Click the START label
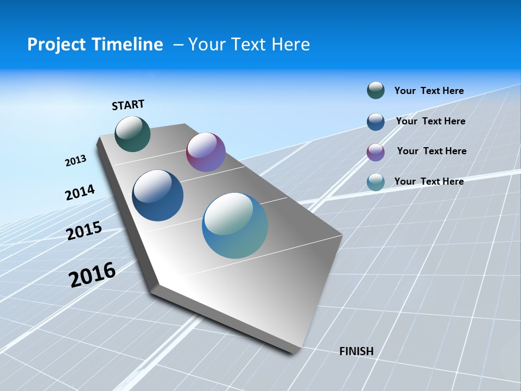coord(128,105)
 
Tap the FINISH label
coord(357,351)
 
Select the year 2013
coord(75,161)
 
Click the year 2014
coord(80,193)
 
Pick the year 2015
coord(84,231)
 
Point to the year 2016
coord(92,275)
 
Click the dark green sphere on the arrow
coord(132,134)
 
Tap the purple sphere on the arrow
coord(206,152)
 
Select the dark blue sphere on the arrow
coord(157,195)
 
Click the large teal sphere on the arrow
coord(235,225)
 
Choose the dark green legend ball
coord(376,90)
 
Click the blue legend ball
coord(376,122)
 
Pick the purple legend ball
coord(376,152)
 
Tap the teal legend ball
coord(376,182)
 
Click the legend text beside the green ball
coord(429,91)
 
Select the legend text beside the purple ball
coord(431,151)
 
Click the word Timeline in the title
coord(126,45)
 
